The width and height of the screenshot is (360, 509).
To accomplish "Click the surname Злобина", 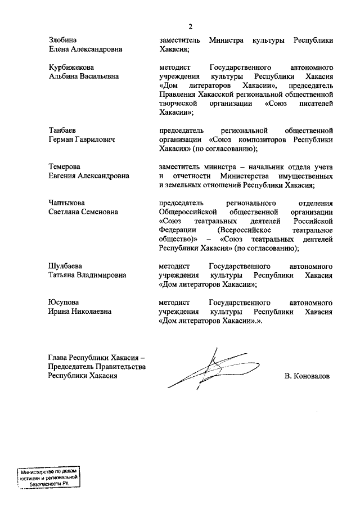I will [x=62, y=40].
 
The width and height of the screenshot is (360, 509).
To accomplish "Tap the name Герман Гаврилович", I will [x=82, y=139].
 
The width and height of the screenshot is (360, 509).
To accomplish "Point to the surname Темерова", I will [x=64, y=166].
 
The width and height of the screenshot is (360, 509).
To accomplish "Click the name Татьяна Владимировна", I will [x=87, y=275].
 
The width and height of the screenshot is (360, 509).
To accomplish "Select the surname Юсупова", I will [x=63, y=302].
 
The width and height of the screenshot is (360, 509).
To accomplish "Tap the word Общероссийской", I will [x=192, y=211].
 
